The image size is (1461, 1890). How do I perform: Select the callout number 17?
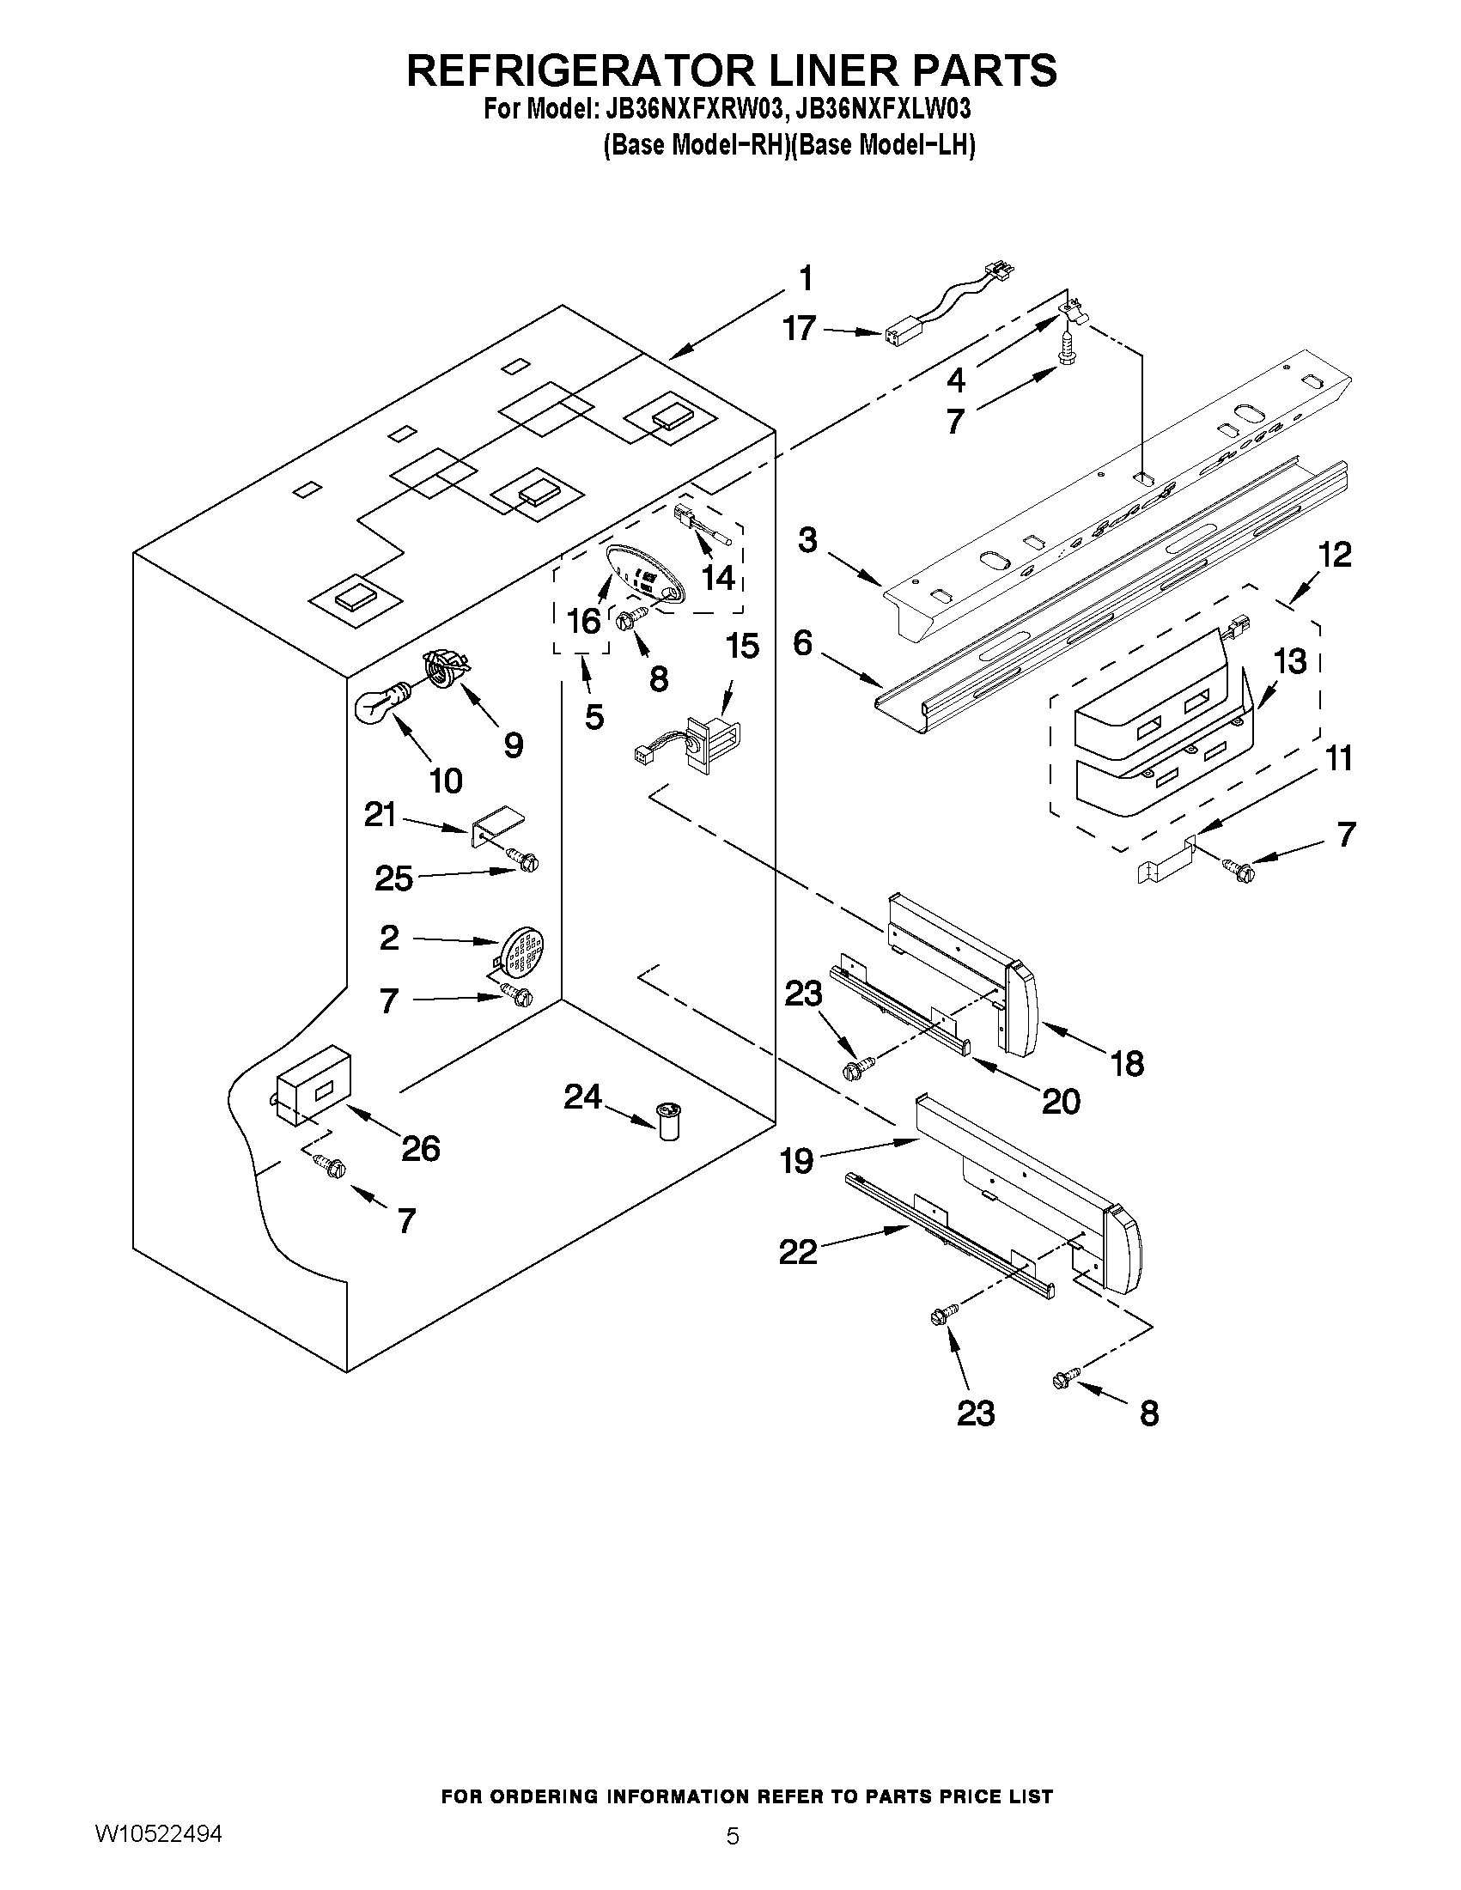coord(799,329)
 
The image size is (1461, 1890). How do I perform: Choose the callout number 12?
coord(1336,555)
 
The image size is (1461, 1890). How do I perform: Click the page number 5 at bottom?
coord(733,1835)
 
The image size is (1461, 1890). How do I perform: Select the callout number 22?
coord(797,1252)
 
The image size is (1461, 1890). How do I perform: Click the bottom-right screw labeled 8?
coord(1065,1381)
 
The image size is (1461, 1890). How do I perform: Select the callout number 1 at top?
coord(805,280)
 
